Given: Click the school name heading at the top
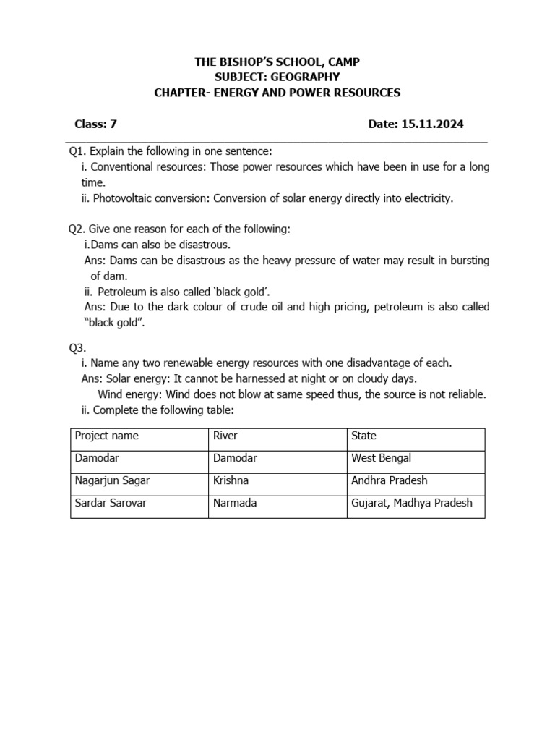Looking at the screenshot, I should click(277, 62).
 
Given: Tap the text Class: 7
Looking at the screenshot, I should click(95, 124).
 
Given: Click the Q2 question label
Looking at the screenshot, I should click(77, 229).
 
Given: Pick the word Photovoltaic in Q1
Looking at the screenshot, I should click(121, 198).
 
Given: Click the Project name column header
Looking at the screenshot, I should click(106, 436).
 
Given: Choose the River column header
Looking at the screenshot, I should click(225, 436).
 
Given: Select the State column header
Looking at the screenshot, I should click(363, 436).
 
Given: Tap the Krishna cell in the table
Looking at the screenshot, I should click(231, 480).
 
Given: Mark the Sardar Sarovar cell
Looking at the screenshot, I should click(111, 503).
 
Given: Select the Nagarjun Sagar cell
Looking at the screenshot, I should click(112, 480).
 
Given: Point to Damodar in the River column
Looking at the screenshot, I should click(235, 458).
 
